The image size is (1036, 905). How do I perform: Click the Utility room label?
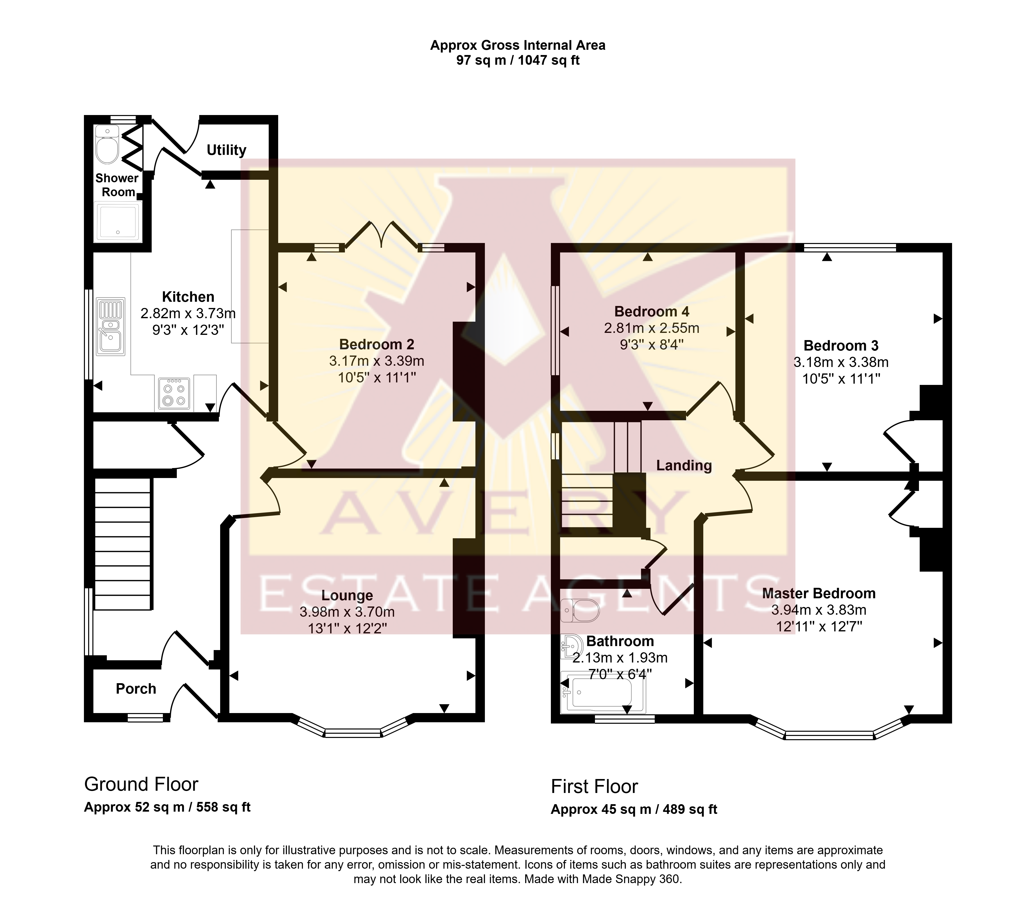click(x=226, y=150)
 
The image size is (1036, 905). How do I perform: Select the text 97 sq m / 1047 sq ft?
click(x=518, y=60)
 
